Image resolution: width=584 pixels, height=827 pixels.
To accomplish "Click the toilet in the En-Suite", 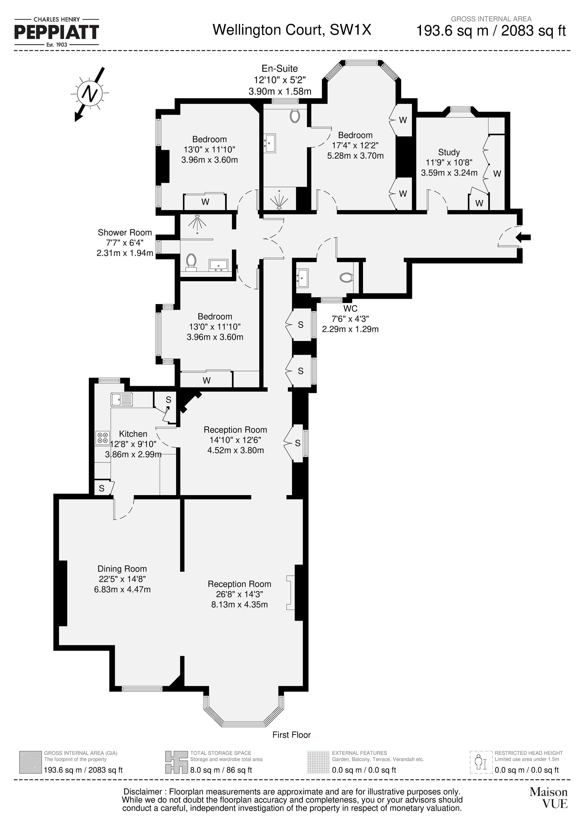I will pyautogui.click(x=295, y=116).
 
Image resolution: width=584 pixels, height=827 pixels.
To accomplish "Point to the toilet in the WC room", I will pyautogui.click(x=346, y=277).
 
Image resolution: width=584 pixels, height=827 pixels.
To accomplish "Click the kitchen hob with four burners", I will pyautogui.click(x=102, y=437).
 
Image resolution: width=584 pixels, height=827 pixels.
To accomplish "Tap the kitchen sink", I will pyautogui.click(x=122, y=399).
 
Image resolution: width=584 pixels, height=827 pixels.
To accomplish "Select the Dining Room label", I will pyautogui.click(x=122, y=569).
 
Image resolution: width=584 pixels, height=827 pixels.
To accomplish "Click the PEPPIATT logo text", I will pyautogui.click(x=57, y=32).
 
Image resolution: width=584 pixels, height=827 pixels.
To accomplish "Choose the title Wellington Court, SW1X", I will pyautogui.click(x=292, y=30).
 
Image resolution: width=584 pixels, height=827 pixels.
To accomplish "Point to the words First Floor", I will pyautogui.click(x=291, y=735).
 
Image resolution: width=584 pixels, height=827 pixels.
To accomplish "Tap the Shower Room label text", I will pyautogui.click(x=125, y=233).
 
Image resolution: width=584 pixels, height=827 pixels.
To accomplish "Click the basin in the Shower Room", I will pyautogui.click(x=218, y=265).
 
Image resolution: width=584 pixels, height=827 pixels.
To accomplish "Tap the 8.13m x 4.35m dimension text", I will pyautogui.click(x=239, y=604).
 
